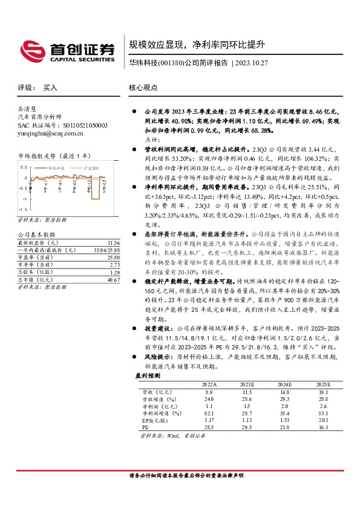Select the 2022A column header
pos(209,384)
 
